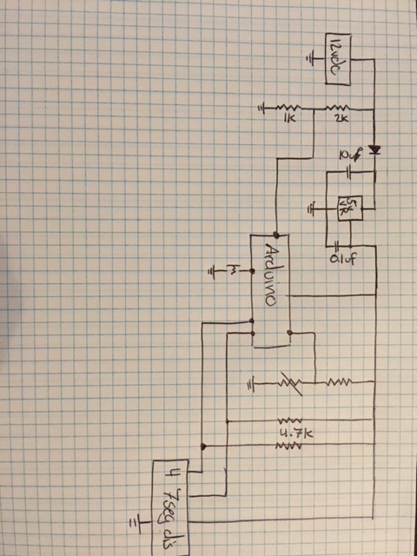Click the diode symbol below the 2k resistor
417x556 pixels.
point(375,150)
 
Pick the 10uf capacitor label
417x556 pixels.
point(349,156)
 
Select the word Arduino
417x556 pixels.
point(268,275)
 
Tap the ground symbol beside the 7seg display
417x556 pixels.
point(136,521)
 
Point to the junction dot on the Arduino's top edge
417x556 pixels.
point(275,234)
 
